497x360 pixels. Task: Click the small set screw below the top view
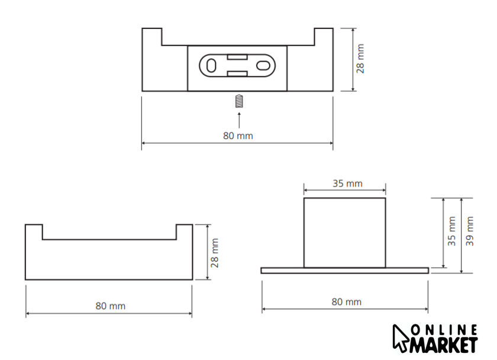(x=239, y=101)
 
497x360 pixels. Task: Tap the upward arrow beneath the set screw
(x=239, y=120)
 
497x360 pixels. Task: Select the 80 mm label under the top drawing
(x=238, y=136)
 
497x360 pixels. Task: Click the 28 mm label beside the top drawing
(x=360, y=59)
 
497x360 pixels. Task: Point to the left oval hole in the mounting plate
(x=211, y=66)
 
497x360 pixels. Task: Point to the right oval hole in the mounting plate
(x=263, y=66)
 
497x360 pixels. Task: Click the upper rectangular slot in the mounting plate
(x=237, y=57)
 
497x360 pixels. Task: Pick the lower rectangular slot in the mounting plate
(x=237, y=74)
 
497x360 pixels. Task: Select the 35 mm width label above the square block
(x=347, y=184)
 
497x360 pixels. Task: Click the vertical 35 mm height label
(x=451, y=232)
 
